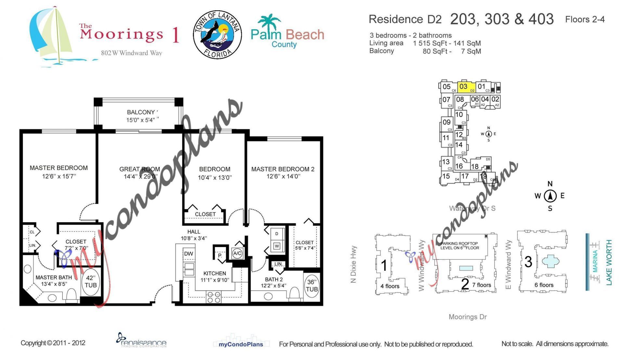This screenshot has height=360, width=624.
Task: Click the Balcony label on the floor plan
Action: tap(141, 112)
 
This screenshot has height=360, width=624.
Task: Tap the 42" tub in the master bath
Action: tap(91, 282)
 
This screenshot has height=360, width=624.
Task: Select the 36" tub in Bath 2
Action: tap(312, 286)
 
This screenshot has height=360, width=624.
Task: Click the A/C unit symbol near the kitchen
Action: tap(237, 254)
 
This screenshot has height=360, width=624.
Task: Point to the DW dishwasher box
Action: tap(188, 254)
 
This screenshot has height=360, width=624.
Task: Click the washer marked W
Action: tap(277, 246)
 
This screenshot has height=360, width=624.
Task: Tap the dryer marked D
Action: tap(277, 234)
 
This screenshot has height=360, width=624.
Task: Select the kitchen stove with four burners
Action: tap(214, 297)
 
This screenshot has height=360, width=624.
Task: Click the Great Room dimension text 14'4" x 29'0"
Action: tap(140, 177)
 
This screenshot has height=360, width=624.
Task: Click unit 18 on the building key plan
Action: tap(475, 166)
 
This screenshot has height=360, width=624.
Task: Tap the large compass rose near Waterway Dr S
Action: tap(550, 196)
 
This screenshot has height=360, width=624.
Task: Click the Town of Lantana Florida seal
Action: tap(217, 34)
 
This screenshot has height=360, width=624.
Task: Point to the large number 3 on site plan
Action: tap(528, 262)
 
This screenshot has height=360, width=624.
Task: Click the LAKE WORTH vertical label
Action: tap(609, 263)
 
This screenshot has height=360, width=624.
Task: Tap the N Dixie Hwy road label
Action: tap(354, 264)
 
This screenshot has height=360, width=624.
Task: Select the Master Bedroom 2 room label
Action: tap(283, 169)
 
